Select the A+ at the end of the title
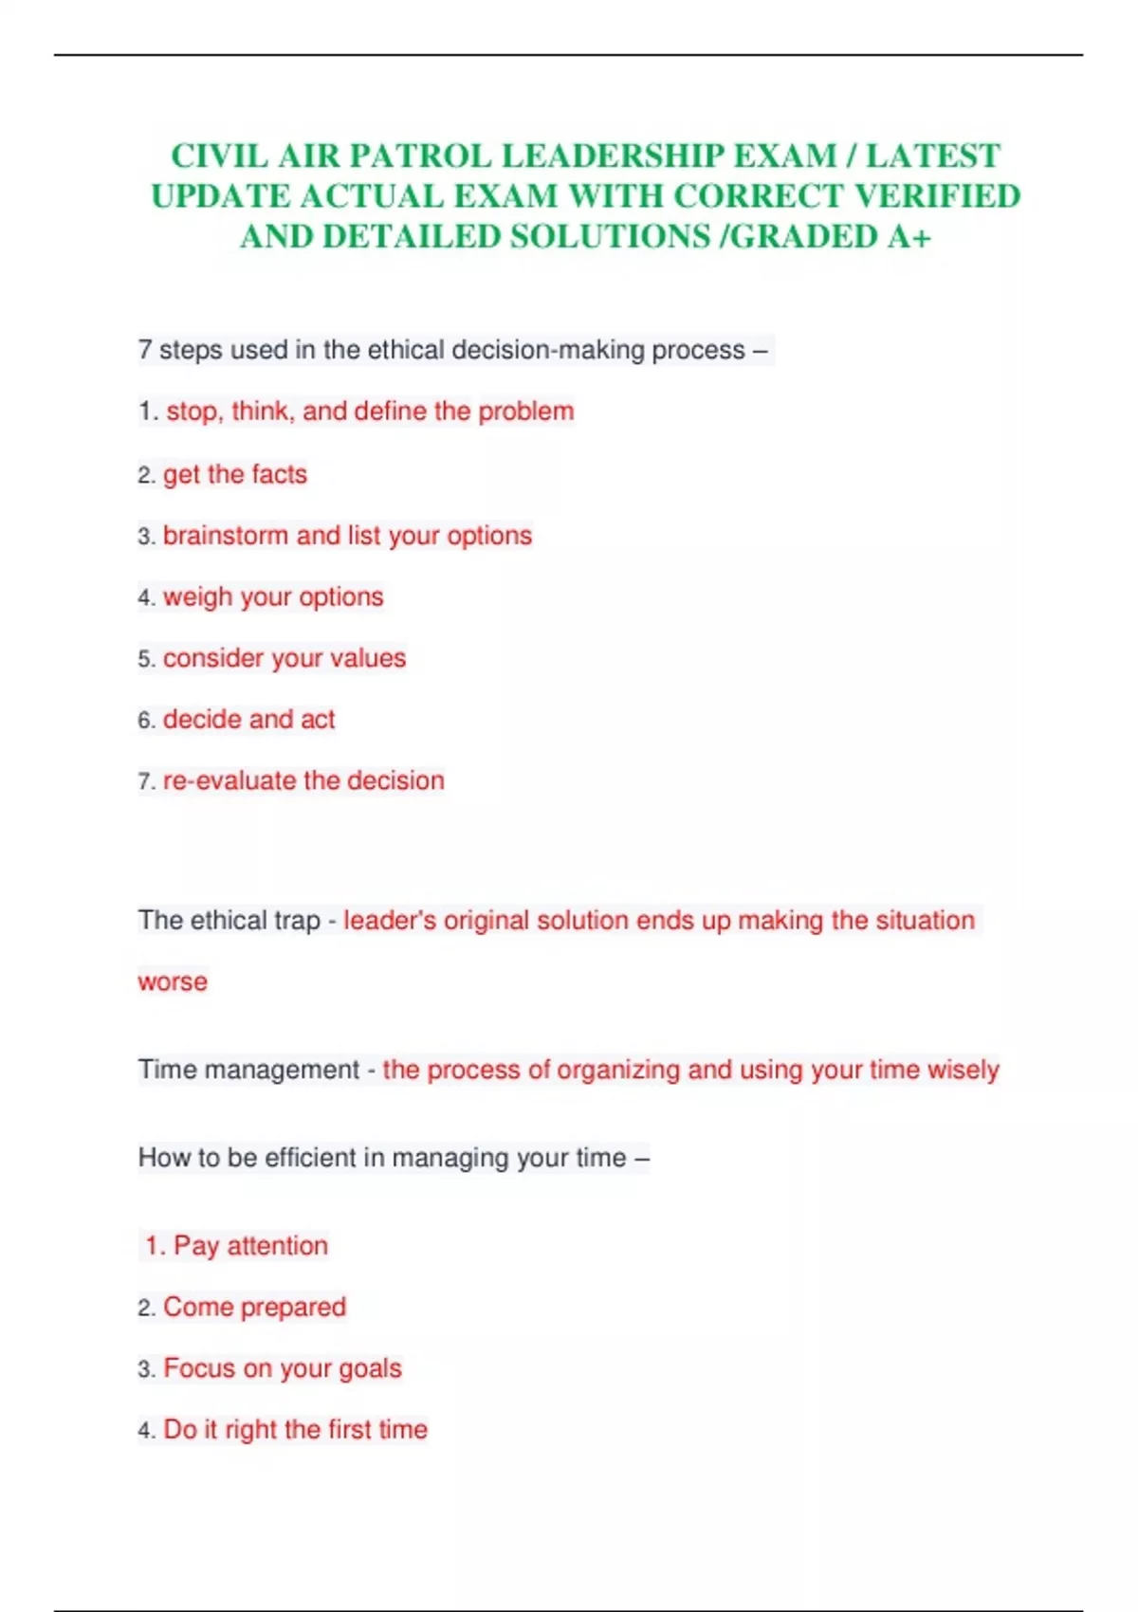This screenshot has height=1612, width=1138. tap(909, 236)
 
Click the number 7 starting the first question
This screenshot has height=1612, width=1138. tap(145, 350)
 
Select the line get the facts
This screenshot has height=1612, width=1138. tap(234, 474)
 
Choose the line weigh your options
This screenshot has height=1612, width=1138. tap(273, 597)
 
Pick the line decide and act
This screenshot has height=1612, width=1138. tap(248, 720)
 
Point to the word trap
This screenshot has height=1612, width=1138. tap(297, 921)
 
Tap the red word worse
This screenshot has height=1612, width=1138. tap(173, 981)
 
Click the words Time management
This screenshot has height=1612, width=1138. tap(248, 1070)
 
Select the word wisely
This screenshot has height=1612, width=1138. tap(963, 1070)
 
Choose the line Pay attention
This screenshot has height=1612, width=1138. tap(250, 1246)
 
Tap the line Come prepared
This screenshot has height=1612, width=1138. tap(254, 1308)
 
